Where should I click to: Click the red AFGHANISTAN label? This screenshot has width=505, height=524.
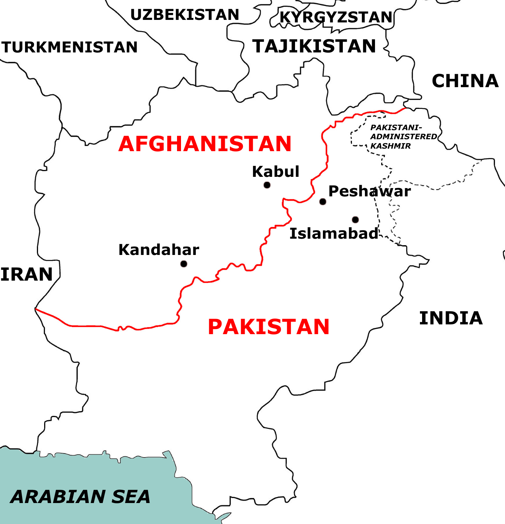[x=205, y=144]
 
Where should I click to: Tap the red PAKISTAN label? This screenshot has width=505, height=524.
[x=269, y=327]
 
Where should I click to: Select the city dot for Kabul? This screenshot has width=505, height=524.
[x=267, y=185]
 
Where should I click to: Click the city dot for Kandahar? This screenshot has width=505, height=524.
[x=184, y=264]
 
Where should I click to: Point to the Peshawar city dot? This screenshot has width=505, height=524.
[x=323, y=202]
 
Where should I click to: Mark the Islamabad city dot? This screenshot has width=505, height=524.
[x=355, y=220]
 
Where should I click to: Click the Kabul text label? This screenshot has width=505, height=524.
[x=276, y=172]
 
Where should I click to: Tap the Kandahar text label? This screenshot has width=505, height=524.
[x=159, y=250]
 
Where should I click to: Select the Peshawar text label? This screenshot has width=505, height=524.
[x=370, y=191]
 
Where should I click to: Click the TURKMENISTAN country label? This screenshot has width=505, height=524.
[x=70, y=47]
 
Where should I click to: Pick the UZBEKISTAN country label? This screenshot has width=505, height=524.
[x=185, y=15]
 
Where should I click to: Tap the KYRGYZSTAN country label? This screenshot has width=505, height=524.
[x=336, y=17]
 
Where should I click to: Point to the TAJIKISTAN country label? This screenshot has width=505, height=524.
[x=314, y=46]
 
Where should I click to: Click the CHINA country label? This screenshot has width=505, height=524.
[x=465, y=81]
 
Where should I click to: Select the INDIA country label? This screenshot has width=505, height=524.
[x=451, y=318]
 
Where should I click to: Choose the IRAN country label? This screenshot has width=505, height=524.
[x=27, y=274]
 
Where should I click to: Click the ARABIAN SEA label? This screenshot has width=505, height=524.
[x=80, y=497]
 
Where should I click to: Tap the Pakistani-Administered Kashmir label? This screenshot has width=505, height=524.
[x=403, y=137]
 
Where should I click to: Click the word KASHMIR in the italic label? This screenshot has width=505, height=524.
[x=391, y=146]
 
